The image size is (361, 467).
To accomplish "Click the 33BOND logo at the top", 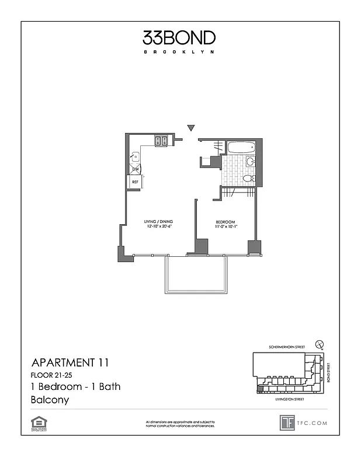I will pyautogui.click(x=179, y=38).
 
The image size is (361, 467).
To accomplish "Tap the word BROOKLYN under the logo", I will pyautogui.click(x=179, y=52).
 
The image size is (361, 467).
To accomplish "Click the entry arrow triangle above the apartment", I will pyautogui.click(x=190, y=128).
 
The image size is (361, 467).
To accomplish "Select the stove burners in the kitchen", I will pyautogui.click(x=161, y=140).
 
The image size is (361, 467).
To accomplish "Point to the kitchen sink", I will pyautogui.click(x=135, y=156).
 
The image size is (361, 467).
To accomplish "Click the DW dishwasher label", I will pyautogui.click(x=135, y=169).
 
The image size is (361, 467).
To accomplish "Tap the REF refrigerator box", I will pyautogui.click(x=135, y=182).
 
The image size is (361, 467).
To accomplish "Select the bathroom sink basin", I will pyautogui.click(x=250, y=162).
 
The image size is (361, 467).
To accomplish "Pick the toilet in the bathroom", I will pyautogui.click(x=248, y=178).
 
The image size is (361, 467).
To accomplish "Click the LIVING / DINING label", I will pyautogui.click(x=158, y=222).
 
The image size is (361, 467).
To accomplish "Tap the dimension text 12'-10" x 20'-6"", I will pyautogui.click(x=158, y=227).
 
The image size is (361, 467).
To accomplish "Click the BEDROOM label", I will pyautogui.click(x=225, y=222).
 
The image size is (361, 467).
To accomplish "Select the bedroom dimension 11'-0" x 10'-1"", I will pyautogui.click(x=225, y=227).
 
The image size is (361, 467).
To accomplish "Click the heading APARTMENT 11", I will pyautogui.click(x=70, y=363).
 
